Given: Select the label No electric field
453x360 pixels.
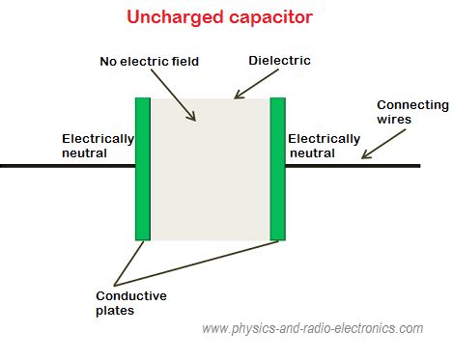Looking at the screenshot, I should point(149,62).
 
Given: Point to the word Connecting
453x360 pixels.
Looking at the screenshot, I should point(412,104).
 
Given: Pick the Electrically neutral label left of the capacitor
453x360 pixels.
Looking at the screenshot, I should point(98,145).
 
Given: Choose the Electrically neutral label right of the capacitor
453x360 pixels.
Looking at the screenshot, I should point(325,145).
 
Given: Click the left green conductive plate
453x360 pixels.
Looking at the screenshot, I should point(143,168).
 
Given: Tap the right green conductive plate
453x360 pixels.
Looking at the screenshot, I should point(278,168).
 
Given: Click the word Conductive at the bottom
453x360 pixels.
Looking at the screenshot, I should point(130,295).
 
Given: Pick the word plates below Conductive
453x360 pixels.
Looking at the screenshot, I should point(115,310).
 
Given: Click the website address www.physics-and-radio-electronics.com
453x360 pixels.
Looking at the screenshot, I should point(312,329).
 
